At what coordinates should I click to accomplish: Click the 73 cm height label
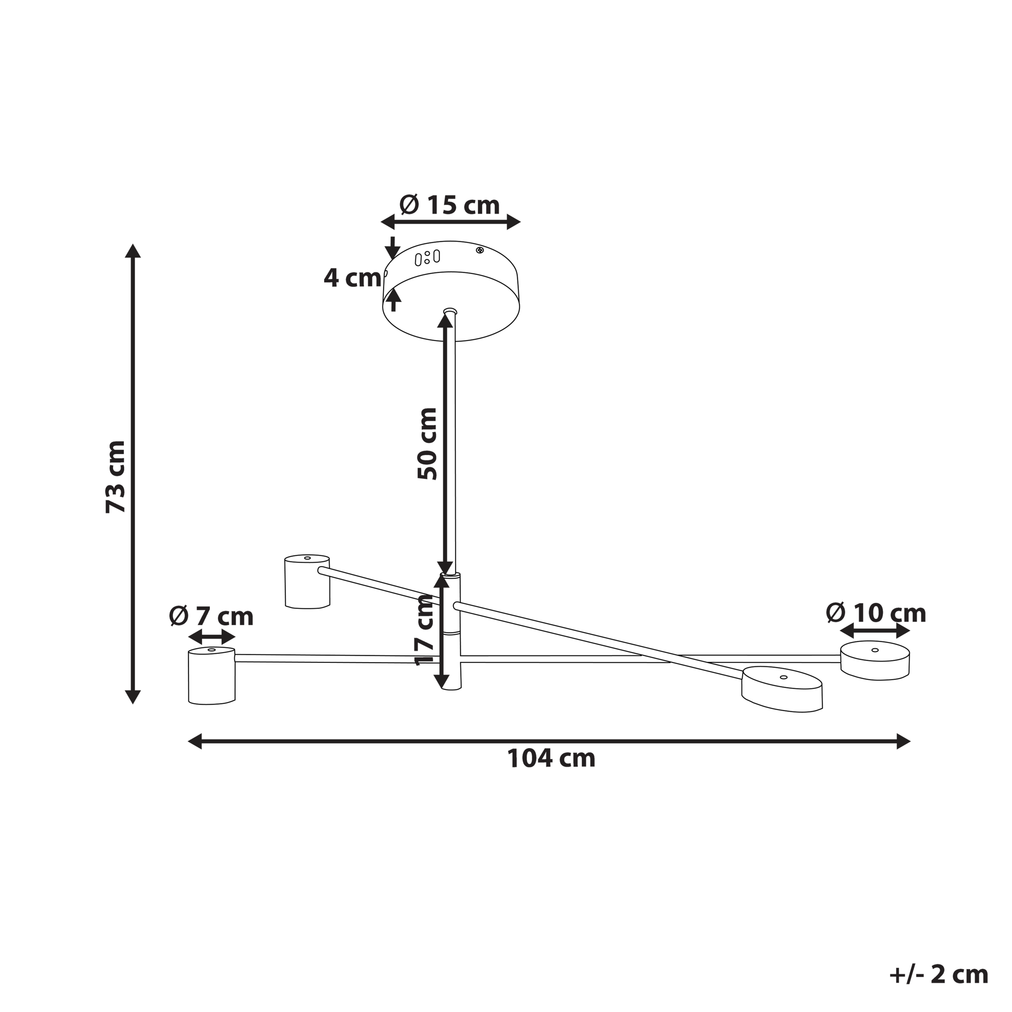(116, 477)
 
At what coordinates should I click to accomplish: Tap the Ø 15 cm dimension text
(449, 205)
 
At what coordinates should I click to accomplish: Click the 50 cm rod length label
(427, 443)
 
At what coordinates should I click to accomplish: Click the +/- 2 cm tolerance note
(938, 975)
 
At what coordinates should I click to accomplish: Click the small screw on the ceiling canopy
(479, 250)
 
